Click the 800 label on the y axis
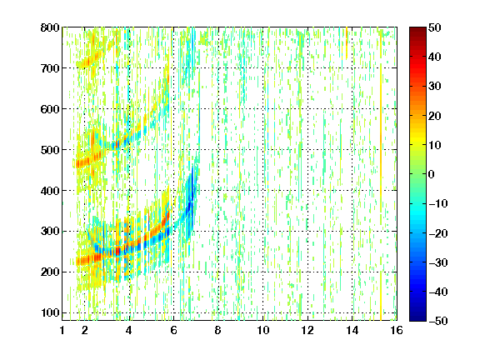pos(50,27)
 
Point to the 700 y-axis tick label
pos(50,68)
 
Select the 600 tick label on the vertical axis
pos(50,109)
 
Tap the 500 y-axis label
pos(50,150)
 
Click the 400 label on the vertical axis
pos(50,191)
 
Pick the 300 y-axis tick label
pos(50,232)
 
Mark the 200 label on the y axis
pos(50,272)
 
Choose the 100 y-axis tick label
pos(50,312)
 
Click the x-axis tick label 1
pos(62,330)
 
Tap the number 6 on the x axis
pos(173,330)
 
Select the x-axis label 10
pos(263,330)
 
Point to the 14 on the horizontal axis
pos(352,330)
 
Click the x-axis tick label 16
pos(397,330)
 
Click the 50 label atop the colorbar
pos(434,27)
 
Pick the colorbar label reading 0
pos(432,174)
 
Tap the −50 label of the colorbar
pos(438,321)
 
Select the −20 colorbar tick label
pos(438,233)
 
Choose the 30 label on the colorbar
pos(434,87)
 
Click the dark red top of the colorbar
pos(417,30)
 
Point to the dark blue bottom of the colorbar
pos(417,318)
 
